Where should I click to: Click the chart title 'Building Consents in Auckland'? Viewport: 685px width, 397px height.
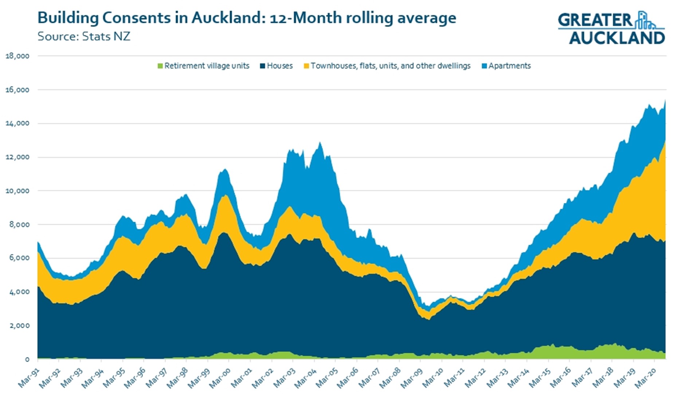246,17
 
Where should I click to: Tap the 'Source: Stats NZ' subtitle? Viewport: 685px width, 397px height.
84,36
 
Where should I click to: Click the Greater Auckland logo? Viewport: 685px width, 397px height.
611,28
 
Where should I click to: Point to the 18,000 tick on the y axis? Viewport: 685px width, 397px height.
17,56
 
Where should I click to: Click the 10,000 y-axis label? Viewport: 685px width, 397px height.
17,191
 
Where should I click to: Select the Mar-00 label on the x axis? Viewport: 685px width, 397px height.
220,378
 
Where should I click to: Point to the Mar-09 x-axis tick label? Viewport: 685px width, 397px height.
411,378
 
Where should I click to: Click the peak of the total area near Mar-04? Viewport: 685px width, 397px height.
320,143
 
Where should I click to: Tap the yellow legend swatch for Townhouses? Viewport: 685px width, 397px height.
306,66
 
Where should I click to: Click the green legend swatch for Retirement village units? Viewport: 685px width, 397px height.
160,66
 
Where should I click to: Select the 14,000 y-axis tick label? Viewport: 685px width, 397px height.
17,124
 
